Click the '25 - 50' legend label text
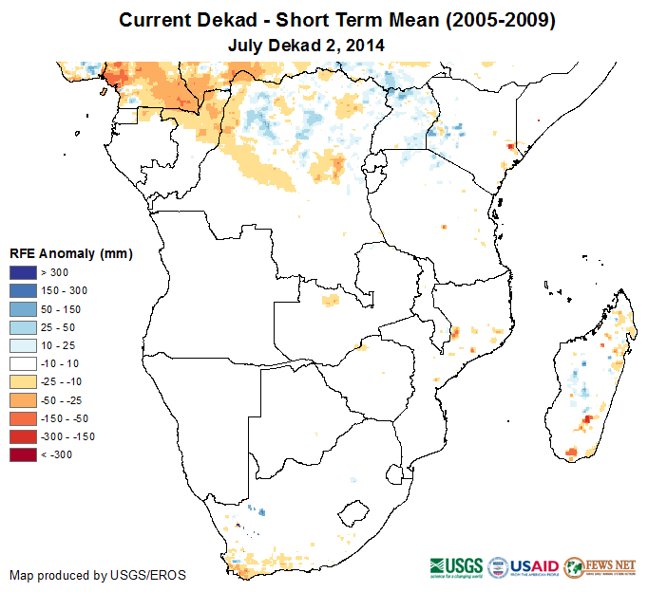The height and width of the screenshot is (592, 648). point(58,327)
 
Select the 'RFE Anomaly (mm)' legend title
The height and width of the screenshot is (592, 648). point(70,253)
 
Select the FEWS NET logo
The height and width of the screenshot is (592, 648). point(600,566)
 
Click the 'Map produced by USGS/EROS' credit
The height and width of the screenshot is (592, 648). point(98,575)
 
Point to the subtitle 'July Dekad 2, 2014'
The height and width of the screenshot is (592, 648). point(306,45)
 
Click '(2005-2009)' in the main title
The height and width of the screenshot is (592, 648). point(493,20)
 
